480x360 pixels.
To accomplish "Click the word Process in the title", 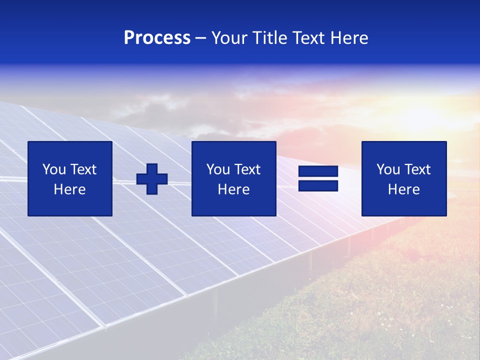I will pyautogui.click(x=157, y=38).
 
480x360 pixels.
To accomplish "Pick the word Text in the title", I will pyautogui.click(x=307, y=38).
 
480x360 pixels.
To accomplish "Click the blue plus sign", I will pyautogui.click(x=152, y=179).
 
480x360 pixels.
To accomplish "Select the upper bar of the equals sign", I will pyautogui.click(x=318, y=171).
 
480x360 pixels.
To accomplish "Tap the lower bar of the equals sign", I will pyautogui.click(x=318, y=186).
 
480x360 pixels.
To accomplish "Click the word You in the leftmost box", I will pyautogui.click(x=54, y=169).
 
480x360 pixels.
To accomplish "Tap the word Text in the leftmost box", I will pyautogui.click(x=82, y=169).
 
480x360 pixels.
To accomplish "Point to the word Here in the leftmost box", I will pyautogui.click(x=70, y=189).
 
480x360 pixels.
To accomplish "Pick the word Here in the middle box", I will pyautogui.click(x=234, y=189).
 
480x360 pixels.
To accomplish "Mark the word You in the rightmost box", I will pyautogui.click(x=388, y=169).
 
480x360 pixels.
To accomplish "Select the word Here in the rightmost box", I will pyautogui.click(x=404, y=189).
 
